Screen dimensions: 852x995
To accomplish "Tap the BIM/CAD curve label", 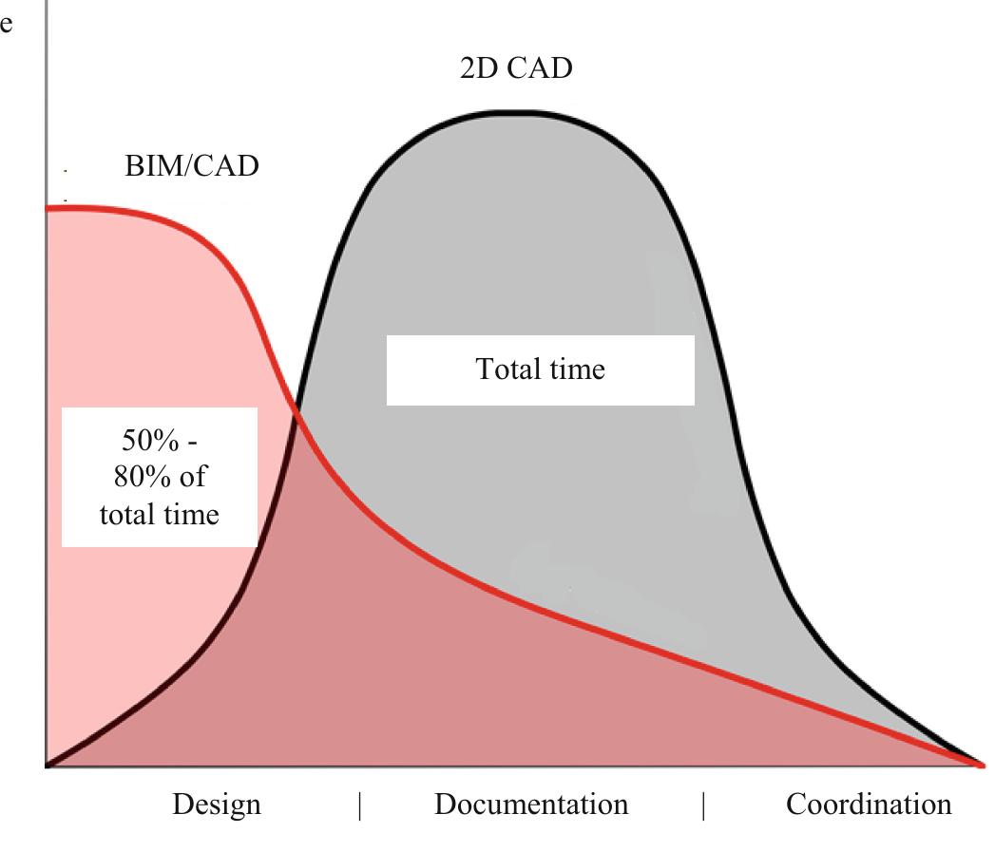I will coord(192,166).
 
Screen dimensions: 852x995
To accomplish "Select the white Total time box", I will coord(540,369).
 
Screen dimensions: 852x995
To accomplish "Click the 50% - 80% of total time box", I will coord(160,477).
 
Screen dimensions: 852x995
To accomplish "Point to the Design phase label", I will coord(217,805).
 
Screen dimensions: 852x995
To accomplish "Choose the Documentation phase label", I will coord(531,805).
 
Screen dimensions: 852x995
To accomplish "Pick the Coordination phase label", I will coord(869,805).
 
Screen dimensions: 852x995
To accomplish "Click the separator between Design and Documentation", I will coord(360,805).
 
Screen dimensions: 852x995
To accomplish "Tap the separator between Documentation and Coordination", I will coord(703,805).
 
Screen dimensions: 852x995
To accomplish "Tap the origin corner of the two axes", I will coord(46,766).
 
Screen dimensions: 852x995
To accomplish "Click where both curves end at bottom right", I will coord(979,764).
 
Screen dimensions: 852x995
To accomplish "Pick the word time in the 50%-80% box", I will coord(188,514).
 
